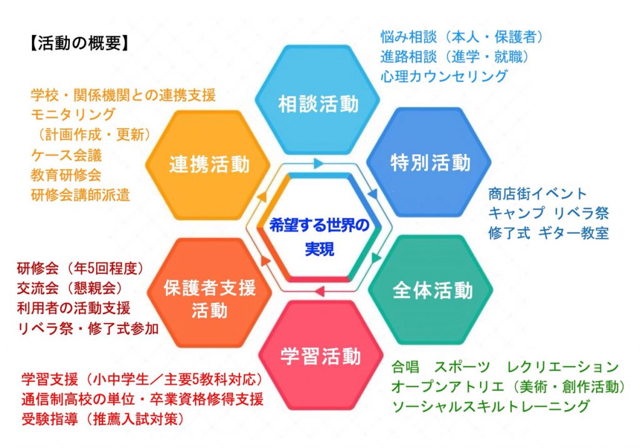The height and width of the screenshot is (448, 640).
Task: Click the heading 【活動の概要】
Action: (x=79, y=43)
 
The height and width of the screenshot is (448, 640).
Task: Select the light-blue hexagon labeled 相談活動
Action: (x=317, y=99)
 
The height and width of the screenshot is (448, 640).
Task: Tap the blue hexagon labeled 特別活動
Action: (x=429, y=162)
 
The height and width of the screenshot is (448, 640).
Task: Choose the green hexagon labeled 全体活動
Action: (x=431, y=290)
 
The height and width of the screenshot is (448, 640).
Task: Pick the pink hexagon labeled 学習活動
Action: (x=321, y=355)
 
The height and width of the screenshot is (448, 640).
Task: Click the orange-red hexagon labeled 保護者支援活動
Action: (x=209, y=293)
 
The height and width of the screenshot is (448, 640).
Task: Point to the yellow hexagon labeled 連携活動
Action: (x=208, y=165)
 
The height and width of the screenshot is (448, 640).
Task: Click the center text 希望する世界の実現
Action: (x=319, y=237)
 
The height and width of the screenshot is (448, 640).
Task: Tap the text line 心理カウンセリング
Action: (x=444, y=76)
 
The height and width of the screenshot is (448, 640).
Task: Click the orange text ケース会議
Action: (x=66, y=155)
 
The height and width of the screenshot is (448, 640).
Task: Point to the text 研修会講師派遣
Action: (x=81, y=195)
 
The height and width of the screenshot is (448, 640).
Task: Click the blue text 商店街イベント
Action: (x=537, y=193)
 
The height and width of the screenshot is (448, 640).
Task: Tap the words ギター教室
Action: (x=574, y=233)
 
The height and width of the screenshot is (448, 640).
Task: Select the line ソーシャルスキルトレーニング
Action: (x=491, y=406)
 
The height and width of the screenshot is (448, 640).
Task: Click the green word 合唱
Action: (x=406, y=367)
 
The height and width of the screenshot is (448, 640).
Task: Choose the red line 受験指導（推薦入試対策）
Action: (x=103, y=419)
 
